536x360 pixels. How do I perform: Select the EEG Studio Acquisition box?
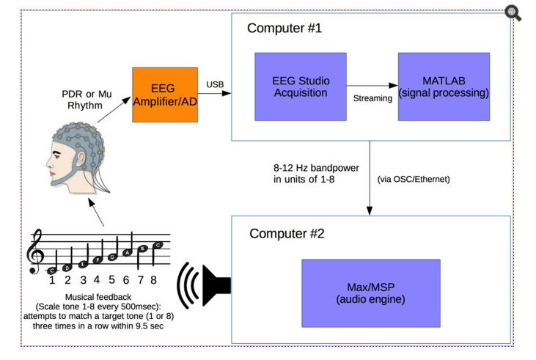(299, 87)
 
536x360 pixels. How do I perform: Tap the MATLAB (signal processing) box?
(444, 87)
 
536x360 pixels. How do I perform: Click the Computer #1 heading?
(284, 29)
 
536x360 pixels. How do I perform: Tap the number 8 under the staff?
(153, 280)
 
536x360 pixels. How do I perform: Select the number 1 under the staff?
(53, 280)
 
